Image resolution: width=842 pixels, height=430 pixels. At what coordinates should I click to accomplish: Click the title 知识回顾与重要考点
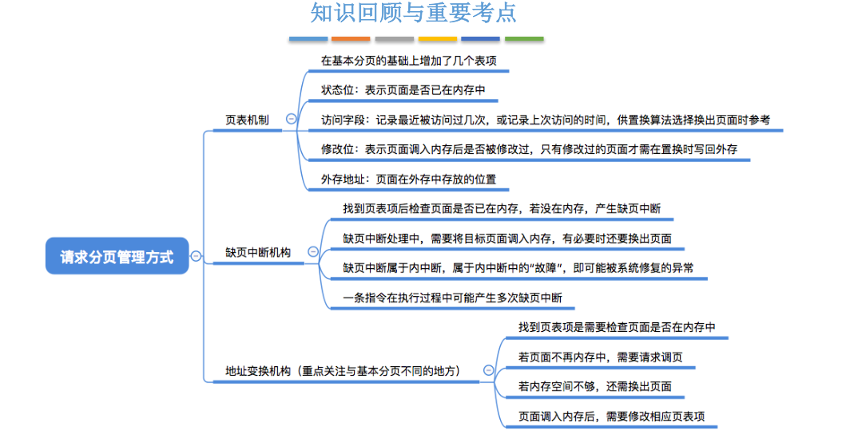coord(413,14)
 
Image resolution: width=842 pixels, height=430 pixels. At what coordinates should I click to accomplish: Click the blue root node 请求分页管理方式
coord(117,257)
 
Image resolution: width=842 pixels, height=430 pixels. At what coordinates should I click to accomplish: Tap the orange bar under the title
coord(351,38)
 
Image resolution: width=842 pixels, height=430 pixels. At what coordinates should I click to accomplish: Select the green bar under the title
coord(524,38)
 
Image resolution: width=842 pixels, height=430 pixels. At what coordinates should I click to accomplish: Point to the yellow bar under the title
coord(438,38)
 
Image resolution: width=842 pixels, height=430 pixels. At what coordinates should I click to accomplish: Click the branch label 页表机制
coord(247,120)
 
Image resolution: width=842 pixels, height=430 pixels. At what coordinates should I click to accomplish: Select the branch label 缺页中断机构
coord(258,252)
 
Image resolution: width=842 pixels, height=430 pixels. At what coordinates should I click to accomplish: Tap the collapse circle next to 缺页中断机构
coord(312,252)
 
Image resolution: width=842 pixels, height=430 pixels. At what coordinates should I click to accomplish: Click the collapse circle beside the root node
coord(196,256)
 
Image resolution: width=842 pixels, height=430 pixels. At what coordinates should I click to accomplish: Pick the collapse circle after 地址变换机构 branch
coord(488,370)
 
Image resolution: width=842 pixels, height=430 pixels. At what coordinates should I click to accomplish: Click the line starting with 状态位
coord(403,90)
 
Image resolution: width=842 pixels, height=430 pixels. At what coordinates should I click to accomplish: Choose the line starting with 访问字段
coord(545,120)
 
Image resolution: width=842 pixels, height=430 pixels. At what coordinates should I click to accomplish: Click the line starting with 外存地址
coord(408,179)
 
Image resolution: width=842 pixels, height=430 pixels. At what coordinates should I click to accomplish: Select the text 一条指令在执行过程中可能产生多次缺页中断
coord(452,298)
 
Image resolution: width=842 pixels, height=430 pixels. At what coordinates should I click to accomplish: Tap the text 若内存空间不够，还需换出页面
coord(594,386)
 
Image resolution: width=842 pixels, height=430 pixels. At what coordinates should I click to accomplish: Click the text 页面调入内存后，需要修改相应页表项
coord(611,416)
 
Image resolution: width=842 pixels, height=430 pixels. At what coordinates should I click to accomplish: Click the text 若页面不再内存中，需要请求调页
coord(600,357)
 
